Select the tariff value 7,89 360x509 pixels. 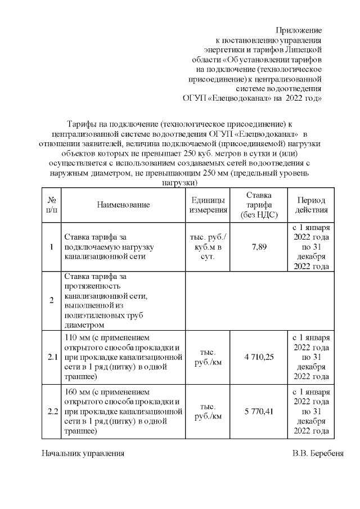point(259,247)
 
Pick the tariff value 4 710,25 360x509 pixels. point(259,357)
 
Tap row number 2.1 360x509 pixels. point(52,357)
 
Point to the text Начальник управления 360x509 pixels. point(83,453)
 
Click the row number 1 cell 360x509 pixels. point(52,247)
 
